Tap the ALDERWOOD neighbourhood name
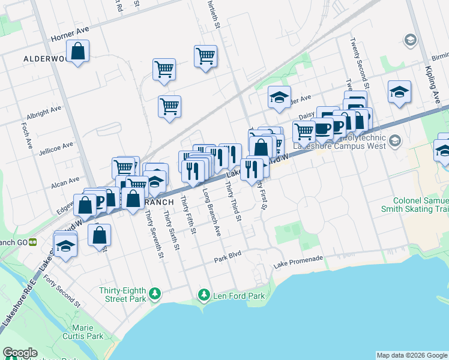tap(46, 59)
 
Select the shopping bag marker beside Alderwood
tap(78, 52)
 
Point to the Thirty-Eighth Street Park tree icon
tap(155, 292)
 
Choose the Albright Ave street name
tap(44, 113)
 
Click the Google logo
tap(19, 353)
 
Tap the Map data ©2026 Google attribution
tap(411, 355)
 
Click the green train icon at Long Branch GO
tap(34, 242)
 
